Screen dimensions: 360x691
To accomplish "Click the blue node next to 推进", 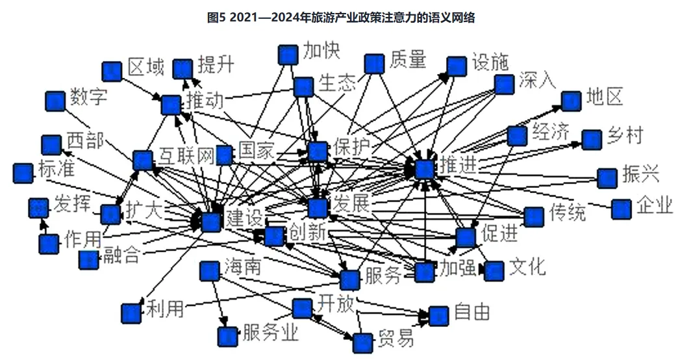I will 424,169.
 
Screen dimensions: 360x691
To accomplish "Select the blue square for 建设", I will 211,222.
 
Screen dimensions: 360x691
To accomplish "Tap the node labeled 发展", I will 317,208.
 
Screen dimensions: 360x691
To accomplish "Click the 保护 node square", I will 318,151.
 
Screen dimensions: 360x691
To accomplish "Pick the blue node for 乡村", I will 591,140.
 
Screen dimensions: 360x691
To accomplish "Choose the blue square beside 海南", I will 208,271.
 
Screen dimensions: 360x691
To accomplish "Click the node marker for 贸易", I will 362,342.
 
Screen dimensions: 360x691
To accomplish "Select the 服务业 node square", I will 227,336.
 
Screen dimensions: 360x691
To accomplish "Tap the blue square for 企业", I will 621,209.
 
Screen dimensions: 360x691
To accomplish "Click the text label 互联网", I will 186,156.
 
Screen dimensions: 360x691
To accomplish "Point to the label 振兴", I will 640,174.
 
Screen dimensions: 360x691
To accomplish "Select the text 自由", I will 471,312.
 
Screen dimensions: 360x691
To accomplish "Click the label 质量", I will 408,60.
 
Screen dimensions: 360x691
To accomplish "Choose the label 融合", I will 120,255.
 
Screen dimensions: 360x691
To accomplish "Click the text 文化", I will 527,267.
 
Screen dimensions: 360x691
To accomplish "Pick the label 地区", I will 604,97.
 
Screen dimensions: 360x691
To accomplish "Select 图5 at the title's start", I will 215,18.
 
